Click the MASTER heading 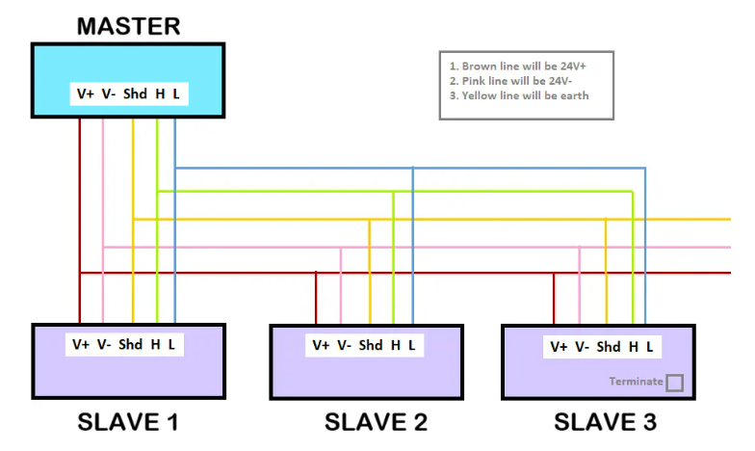coord(128,25)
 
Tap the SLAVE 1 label coord(127,422)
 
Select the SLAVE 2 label coord(375,422)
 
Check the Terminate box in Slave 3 coord(674,383)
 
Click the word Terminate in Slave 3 coord(636,382)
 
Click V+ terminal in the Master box coord(85,94)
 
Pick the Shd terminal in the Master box coord(134,94)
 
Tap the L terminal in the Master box coord(176,94)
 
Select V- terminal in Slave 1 coord(104,344)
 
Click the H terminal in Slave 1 coord(155,344)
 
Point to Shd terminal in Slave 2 coord(371,345)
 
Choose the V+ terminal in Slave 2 coord(321,345)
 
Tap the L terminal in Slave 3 coord(650,347)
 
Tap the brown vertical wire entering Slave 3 coord(554,299)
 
